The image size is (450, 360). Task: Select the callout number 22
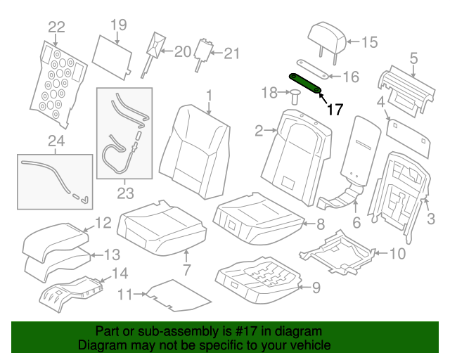(x=56, y=27)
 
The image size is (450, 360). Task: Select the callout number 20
(x=182, y=51)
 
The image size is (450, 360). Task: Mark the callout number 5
(x=413, y=58)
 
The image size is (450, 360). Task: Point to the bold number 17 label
(x=335, y=109)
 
